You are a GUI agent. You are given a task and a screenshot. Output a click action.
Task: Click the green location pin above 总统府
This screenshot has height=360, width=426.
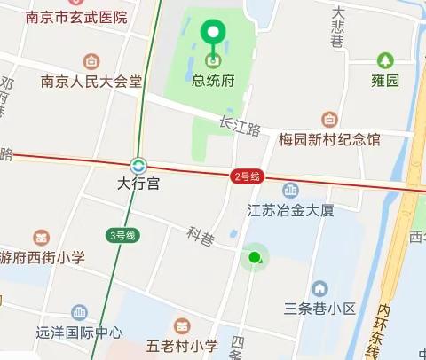coord(213,35)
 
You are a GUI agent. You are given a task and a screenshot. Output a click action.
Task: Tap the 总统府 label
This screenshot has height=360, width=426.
coord(213,80)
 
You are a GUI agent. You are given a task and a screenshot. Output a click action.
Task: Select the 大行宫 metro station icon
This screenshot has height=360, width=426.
coord(138,165)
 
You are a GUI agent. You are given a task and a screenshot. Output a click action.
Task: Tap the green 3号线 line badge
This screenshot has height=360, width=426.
coord(122,235)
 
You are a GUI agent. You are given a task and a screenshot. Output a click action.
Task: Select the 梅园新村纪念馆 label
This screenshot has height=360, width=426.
coord(329,139)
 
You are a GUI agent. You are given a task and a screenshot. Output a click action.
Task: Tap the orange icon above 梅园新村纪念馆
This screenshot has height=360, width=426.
coord(329,119)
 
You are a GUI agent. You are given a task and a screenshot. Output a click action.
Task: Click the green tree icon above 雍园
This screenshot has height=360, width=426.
coord(384,60)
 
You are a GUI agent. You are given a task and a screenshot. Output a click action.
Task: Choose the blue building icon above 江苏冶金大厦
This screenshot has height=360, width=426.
coord(290,190)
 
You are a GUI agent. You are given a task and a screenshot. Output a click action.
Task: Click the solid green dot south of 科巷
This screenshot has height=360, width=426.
coord(255,258)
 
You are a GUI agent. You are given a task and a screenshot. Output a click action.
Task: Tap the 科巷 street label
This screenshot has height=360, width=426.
coord(201,236)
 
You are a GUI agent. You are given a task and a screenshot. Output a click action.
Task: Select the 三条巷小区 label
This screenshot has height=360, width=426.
coord(319,309)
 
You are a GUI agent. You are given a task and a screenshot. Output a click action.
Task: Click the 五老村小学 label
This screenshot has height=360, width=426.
coord(183,346)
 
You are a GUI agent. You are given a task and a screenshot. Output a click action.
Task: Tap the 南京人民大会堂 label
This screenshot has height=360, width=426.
coord(91,82)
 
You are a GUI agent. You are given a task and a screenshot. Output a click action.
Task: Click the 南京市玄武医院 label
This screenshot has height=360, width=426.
coord(76,17)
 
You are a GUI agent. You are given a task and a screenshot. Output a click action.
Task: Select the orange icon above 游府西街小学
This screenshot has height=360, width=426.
coord(41,238)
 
